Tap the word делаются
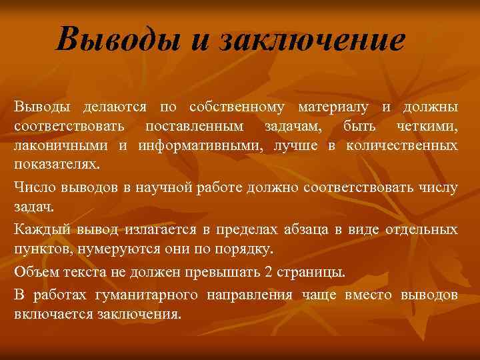tap(112, 107)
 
